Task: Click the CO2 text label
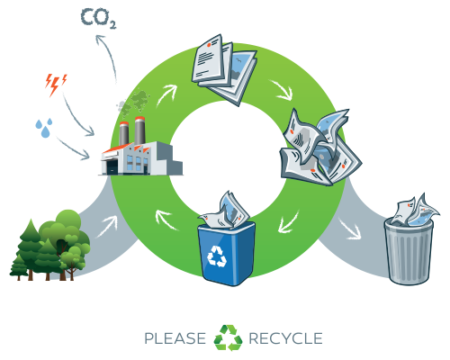(98, 19)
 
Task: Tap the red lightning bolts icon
(56, 85)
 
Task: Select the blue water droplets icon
(44, 128)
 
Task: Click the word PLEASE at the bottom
(175, 338)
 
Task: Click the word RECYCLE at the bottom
(285, 338)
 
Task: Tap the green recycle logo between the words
(228, 337)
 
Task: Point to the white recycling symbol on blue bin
(217, 256)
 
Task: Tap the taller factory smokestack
(139, 131)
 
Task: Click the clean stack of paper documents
(224, 69)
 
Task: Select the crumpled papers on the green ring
(320, 148)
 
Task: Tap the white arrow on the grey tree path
(107, 227)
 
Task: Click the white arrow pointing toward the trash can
(349, 229)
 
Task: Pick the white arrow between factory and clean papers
(166, 94)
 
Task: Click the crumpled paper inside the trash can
(415, 211)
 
